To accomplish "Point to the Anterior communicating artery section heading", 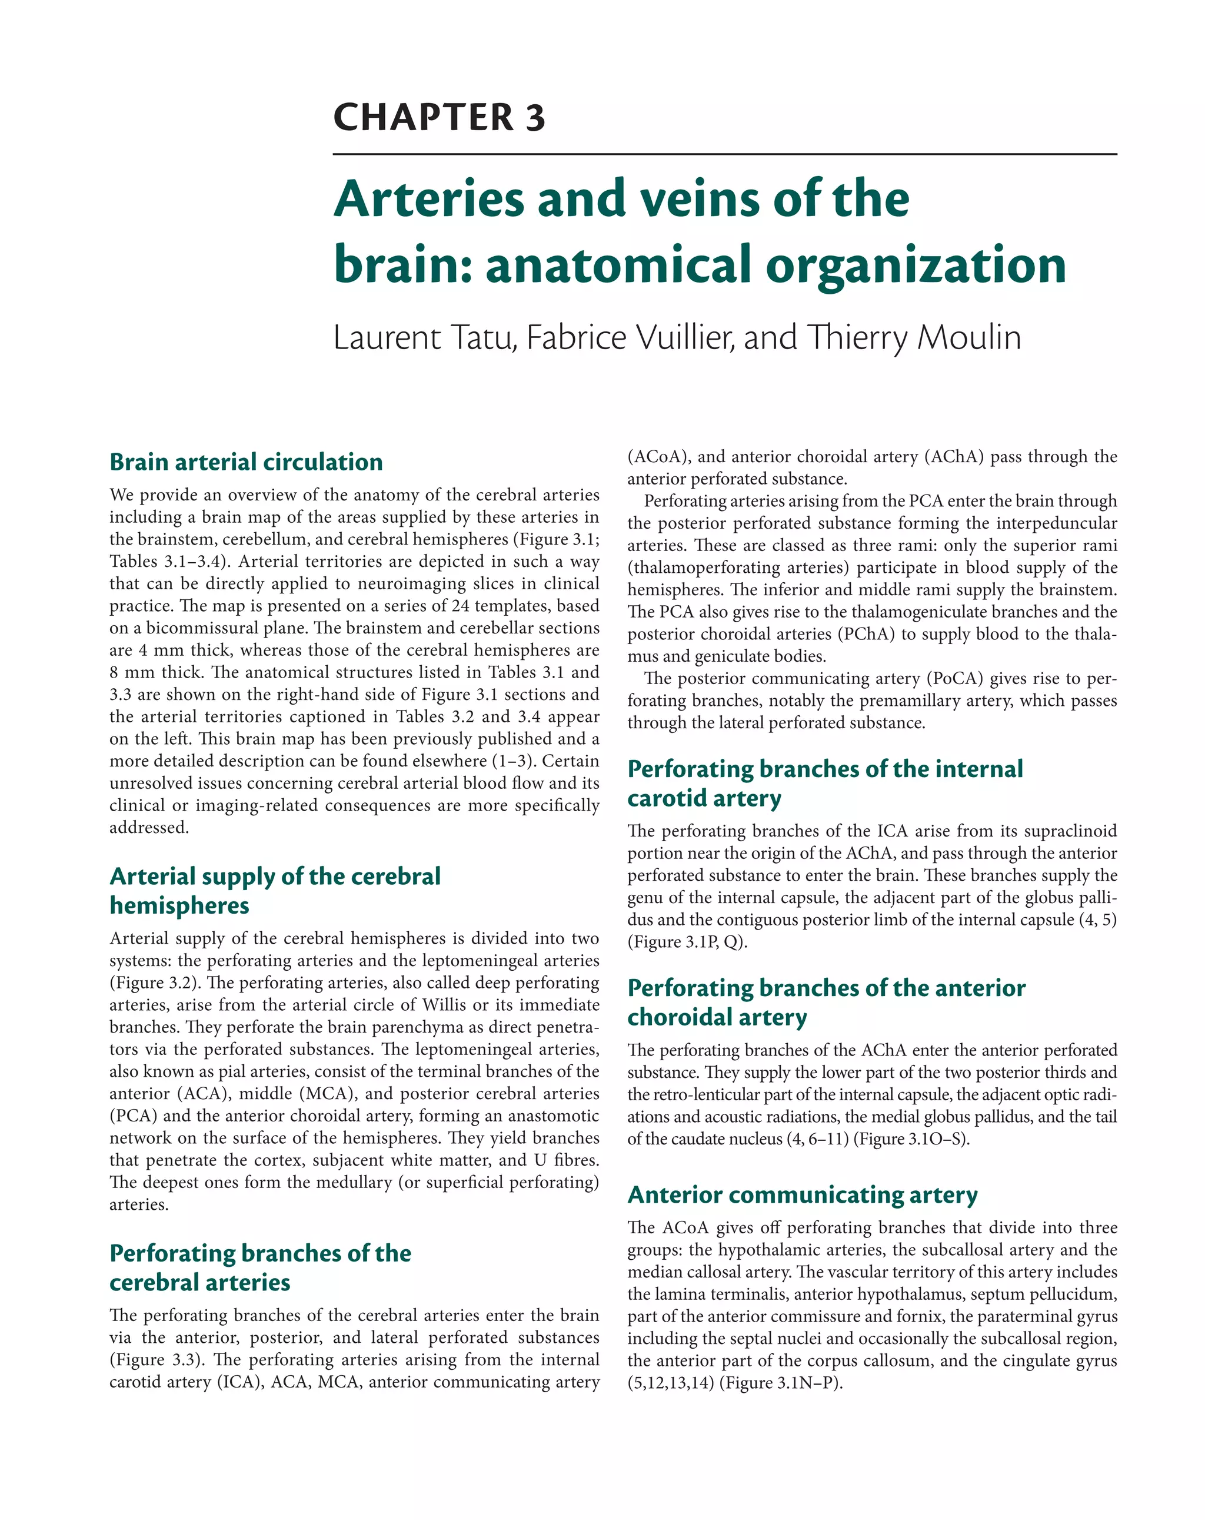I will coord(802,1195).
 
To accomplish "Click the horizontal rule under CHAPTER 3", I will coord(724,154).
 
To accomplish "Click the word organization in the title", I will coord(916,265).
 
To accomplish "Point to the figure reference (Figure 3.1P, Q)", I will coord(687,942).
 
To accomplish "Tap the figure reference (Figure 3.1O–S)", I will coord(910,1139).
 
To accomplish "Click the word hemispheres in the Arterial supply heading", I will coord(179,905).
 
